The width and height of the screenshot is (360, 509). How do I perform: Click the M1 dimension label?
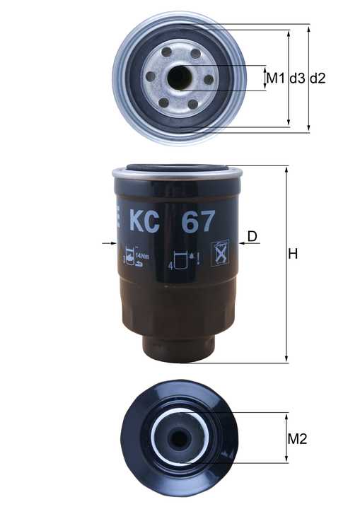tap(274, 78)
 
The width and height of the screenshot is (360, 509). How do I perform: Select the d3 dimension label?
tap(296, 78)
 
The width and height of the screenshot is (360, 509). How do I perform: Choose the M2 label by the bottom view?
tap(297, 439)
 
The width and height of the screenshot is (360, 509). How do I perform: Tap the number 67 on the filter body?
tap(198, 221)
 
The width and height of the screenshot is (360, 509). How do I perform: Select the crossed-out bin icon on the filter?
tap(221, 252)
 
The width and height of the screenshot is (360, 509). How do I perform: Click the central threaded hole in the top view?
tap(180, 78)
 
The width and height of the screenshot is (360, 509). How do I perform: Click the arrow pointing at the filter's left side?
tap(108, 243)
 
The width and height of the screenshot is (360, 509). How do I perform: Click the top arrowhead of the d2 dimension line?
tap(308, 28)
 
